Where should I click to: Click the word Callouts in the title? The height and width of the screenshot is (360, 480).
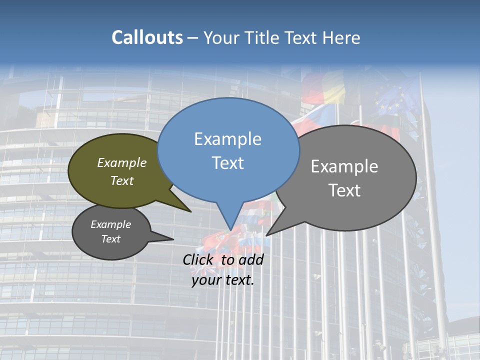point(147,37)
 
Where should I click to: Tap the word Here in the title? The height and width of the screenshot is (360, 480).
point(340,38)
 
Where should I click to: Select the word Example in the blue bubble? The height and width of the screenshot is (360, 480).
point(227,139)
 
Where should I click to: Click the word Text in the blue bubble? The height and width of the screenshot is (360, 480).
point(227,163)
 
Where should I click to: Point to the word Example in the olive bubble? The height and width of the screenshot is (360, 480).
point(122,163)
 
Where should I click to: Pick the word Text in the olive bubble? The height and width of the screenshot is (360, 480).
point(122,180)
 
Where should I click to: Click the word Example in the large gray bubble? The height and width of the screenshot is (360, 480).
point(344,166)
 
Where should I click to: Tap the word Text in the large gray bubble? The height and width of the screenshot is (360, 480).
point(344,190)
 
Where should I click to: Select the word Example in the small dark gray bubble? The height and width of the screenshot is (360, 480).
point(110,224)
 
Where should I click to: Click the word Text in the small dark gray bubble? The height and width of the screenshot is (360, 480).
point(110,239)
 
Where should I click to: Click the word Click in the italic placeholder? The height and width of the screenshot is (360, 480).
point(199,259)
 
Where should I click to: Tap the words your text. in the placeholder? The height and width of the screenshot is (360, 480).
point(222,280)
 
